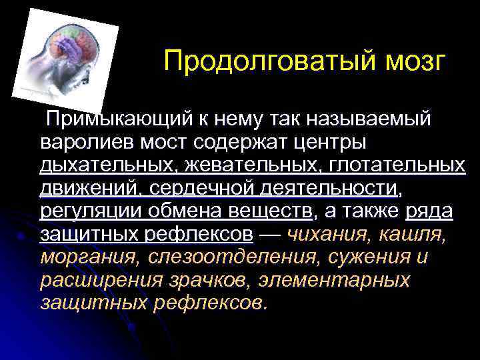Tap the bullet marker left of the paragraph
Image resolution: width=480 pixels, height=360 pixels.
23,235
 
